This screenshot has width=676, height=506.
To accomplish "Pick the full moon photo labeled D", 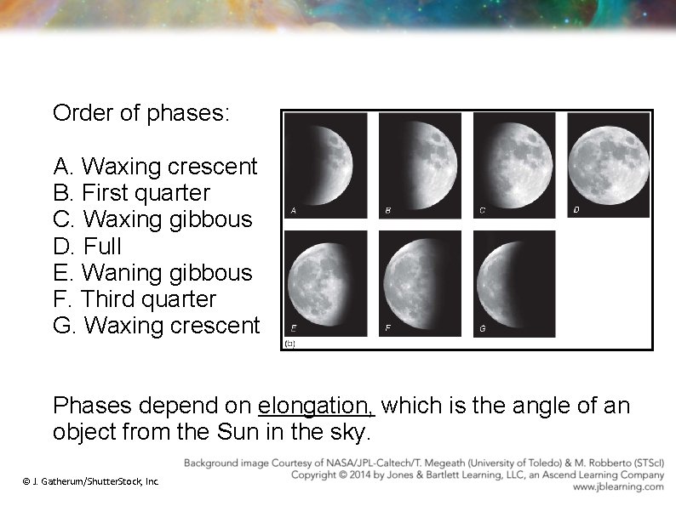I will coord(608,164).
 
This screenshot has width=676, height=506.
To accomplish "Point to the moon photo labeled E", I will coord(325,283).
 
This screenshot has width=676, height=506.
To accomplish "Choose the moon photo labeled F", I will coord(419,283).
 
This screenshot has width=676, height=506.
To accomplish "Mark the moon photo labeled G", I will coord(513,283).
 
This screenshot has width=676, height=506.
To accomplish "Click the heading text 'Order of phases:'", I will coord(140,112).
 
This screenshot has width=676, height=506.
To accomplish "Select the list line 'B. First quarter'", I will coord(131,193).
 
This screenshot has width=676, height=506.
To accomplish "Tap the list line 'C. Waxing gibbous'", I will coord(152,219).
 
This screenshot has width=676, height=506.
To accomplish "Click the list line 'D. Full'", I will coord(87,247).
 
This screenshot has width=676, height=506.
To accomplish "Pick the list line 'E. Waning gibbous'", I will coord(152,273).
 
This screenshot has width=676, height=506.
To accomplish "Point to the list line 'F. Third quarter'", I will coord(135,299).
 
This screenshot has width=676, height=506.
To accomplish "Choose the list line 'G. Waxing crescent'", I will coord(156,326).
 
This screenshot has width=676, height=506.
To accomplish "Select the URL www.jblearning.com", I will coord(618,487).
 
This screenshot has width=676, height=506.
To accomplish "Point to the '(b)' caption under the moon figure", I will coord(289,344).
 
